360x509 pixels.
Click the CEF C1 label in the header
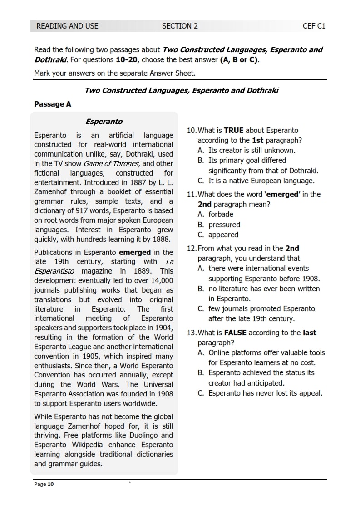pos(314,26)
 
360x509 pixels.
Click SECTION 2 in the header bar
pos(180,26)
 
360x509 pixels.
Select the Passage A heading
pos(53,104)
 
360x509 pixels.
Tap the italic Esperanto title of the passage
pos(104,122)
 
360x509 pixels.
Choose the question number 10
pos(192,131)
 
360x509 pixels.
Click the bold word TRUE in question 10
pos(234,131)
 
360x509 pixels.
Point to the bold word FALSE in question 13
pos(236,333)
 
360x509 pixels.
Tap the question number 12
pos(192,248)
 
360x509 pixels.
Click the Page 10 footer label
pos(44,484)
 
